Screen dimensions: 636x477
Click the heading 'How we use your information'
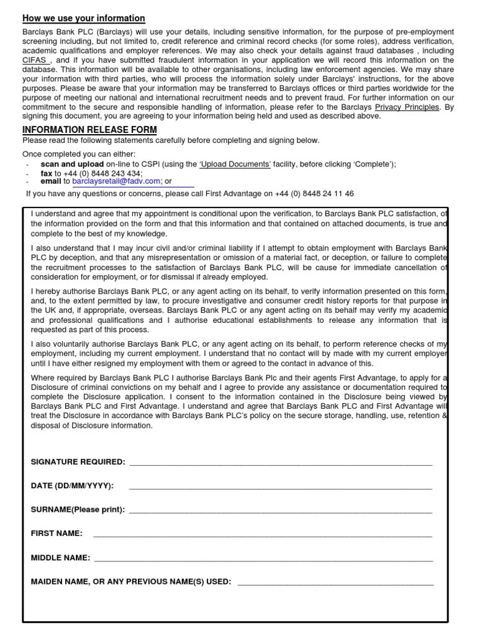(x=84, y=19)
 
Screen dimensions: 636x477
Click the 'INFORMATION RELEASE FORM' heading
(x=89, y=130)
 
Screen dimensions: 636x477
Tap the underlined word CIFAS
(x=37, y=61)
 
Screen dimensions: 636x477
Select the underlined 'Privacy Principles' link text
(x=407, y=107)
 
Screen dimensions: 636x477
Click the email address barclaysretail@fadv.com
(x=116, y=181)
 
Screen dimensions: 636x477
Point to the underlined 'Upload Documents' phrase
(x=234, y=164)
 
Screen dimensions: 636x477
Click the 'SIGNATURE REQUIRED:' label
(x=78, y=462)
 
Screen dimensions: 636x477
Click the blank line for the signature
(x=280, y=463)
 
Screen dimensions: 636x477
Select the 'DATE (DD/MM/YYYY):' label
(x=73, y=486)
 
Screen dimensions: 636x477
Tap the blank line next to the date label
(x=280, y=487)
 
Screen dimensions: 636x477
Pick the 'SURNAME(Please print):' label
(x=78, y=509)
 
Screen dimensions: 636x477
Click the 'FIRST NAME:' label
(x=57, y=534)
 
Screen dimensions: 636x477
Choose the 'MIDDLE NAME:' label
(x=60, y=558)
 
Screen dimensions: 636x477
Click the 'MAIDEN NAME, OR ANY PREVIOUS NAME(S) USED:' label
(x=131, y=582)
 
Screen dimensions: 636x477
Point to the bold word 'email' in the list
(x=50, y=181)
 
